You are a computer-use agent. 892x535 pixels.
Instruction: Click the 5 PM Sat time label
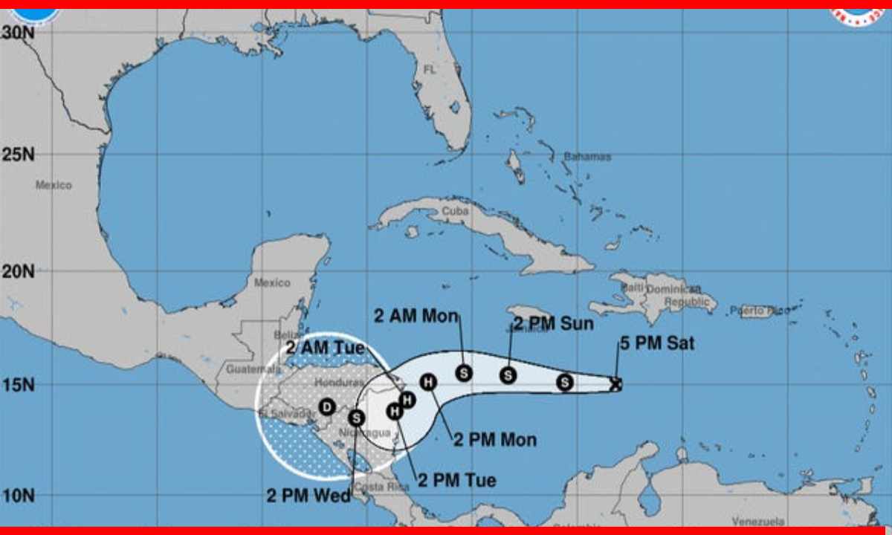(x=657, y=343)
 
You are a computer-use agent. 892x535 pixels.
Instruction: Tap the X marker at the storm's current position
(x=615, y=384)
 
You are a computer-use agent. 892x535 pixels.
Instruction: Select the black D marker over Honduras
(x=326, y=406)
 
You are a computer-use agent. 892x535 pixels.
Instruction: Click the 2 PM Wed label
(x=308, y=496)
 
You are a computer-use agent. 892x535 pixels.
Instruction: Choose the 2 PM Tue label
(x=456, y=480)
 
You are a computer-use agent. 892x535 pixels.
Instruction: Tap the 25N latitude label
(x=19, y=155)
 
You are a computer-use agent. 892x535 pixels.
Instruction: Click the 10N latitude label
(x=19, y=494)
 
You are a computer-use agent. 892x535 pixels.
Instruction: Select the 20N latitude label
(x=19, y=271)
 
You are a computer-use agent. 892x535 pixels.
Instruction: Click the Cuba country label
(x=454, y=210)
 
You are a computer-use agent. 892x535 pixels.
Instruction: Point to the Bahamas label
(x=586, y=157)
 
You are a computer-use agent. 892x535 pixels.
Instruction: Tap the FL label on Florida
(x=430, y=69)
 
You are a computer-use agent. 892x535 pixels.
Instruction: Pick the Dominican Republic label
(x=673, y=296)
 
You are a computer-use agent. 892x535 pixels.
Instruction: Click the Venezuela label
(x=759, y=522)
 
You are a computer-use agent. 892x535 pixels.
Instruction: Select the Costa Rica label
(x=381, y=487)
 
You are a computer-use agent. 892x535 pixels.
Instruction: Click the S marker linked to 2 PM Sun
(x=508, y=375)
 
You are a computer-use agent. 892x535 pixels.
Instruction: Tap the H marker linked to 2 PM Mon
(x=428, y=382)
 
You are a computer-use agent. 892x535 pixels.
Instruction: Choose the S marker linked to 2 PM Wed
(x=356, y=418)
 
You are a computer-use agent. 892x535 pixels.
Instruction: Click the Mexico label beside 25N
(x=54, y=185)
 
